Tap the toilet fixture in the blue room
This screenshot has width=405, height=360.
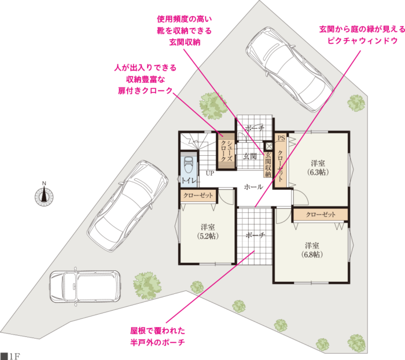coord(188,164)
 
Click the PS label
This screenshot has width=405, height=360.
coord(281,138)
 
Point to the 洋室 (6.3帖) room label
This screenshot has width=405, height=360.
coord(318,167)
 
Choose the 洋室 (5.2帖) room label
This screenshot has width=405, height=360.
coord(208,232)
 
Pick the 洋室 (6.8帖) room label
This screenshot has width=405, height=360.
coord(312,250)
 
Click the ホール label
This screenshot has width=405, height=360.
coord(253,187)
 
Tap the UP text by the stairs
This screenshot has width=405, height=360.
coord(210,173)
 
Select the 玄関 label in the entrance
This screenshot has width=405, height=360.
coord(250,156)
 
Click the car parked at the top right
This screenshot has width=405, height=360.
coord(289,69)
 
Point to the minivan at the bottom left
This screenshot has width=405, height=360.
coord(85,286)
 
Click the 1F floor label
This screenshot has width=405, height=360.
coord(11,356)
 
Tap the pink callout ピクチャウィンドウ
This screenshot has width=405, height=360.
coord(362,41)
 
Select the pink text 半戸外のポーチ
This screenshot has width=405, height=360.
coord(157,343)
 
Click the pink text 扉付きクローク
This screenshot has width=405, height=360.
coord(145,91)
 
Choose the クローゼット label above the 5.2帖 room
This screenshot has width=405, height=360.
coord(198,196)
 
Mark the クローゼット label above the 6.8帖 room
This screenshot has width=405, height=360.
coord(321,215)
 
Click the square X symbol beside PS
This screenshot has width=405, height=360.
coord(269,146)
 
